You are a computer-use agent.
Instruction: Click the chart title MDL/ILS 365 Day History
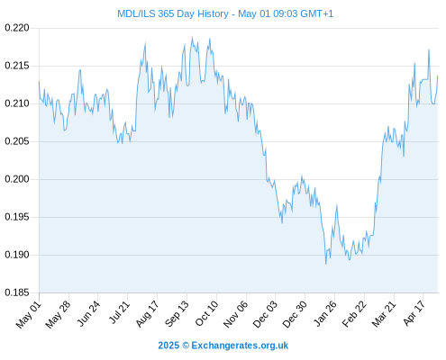(173, 13)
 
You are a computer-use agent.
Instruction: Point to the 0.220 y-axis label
(17, 28)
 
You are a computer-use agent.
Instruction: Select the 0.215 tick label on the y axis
(17, 66)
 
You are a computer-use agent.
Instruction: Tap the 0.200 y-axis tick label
(17, 179)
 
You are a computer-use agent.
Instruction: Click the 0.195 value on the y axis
(17, 217)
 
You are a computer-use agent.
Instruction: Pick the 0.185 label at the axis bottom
(17, 292)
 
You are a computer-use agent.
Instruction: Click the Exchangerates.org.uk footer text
(240, 346)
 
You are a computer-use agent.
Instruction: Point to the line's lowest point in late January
(326, 264)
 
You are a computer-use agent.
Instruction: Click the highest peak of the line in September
(192, 37)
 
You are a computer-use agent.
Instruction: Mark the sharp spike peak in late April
(429, 49)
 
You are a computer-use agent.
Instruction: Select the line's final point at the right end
(438, 76)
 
